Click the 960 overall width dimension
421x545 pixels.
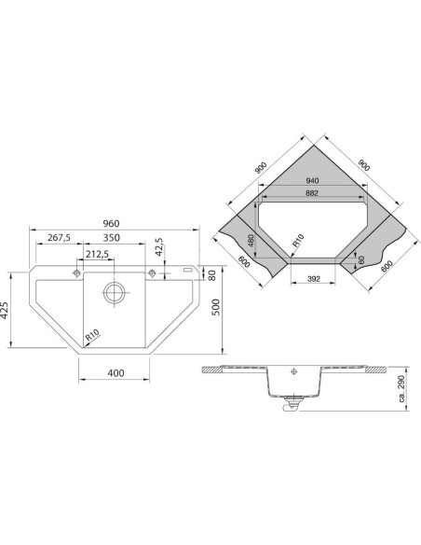coord(111,223)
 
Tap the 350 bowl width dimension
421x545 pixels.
coord(112,238)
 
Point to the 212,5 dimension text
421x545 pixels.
coord(97,255)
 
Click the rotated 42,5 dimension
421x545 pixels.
coord(159,247)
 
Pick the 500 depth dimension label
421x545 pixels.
coord(216,307)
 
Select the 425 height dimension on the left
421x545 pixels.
coord(5,310)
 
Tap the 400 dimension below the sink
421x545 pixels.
coord(115,373)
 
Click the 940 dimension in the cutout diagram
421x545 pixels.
coord(312,181)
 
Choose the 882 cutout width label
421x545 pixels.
coord(312,193)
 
